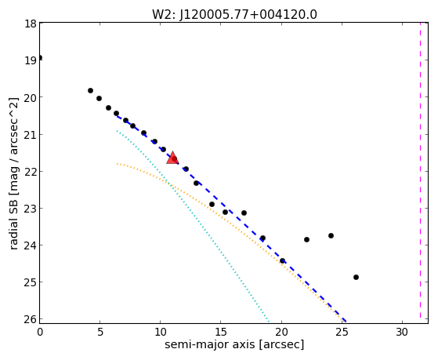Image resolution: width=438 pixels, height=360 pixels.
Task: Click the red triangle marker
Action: (172, 158)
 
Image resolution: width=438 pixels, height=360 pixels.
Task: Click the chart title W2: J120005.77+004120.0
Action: (234, 15)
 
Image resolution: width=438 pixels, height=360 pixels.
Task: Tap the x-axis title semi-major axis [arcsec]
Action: (234, 344)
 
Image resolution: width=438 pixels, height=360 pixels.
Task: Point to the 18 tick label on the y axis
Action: (31, 24)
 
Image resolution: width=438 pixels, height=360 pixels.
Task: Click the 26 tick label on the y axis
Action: (31, 319)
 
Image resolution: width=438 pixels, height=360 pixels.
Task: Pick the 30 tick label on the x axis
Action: (402, 332)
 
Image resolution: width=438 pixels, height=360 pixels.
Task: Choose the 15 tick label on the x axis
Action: (221, 332)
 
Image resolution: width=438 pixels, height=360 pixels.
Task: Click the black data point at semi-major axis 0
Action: (40, 57)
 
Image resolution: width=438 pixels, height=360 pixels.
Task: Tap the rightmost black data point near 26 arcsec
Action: (356, 277)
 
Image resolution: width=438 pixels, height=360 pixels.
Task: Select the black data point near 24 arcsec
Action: (331, 236)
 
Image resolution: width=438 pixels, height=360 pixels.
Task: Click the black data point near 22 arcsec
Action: (306, 239)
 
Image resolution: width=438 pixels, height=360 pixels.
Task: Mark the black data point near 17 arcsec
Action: (244, 213)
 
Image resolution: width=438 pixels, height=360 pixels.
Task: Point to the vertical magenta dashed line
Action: (420, 171)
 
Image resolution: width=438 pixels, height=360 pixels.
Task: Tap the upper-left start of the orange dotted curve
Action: (118, 163)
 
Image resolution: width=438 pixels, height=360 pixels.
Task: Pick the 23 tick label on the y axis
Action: (31, 209)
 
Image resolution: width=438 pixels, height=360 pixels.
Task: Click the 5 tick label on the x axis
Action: (100, 332)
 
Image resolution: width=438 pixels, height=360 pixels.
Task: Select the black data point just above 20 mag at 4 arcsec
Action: (91, 91)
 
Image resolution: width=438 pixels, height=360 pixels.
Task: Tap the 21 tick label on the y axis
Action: (31, 135)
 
